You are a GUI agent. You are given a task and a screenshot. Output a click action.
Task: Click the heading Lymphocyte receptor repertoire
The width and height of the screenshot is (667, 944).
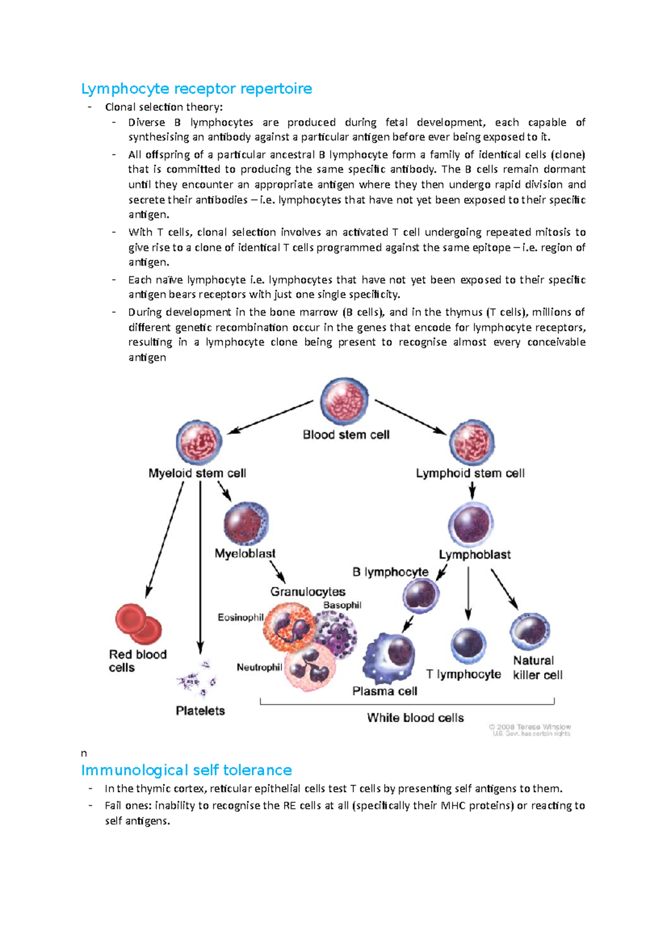(x=196, y=89)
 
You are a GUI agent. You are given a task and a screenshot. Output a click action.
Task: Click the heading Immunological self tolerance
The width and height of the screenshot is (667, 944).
(x=186, y=770)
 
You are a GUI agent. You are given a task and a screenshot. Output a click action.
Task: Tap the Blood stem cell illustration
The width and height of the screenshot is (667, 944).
(x=345, y=401)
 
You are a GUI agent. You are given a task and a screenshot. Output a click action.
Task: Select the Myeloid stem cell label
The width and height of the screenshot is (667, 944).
(x=197, y=473)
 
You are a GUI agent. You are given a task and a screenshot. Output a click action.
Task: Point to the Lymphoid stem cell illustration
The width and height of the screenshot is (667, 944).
(x=471, y=443)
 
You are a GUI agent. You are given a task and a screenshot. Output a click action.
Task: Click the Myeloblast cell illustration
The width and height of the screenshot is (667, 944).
(x=246, y=524)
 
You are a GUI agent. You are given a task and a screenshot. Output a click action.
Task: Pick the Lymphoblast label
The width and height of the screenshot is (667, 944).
(x=475, y=554)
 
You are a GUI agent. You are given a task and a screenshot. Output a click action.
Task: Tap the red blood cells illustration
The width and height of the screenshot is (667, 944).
(x=138, y=624)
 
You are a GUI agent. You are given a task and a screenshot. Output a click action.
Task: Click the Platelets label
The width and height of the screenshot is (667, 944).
(x=200, y=711)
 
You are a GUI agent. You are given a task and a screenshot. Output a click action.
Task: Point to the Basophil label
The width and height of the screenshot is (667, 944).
(x=342, y=605)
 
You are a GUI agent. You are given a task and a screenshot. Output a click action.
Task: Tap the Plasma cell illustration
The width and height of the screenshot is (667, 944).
(x=391, y=658)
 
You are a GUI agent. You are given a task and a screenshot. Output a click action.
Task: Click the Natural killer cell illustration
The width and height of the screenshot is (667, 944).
(x=530, y=632)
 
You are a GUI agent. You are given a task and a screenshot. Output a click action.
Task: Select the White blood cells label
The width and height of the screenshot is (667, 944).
(x=415, y=718)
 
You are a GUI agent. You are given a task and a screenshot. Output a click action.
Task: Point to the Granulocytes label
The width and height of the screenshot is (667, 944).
(x=308, y=592)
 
